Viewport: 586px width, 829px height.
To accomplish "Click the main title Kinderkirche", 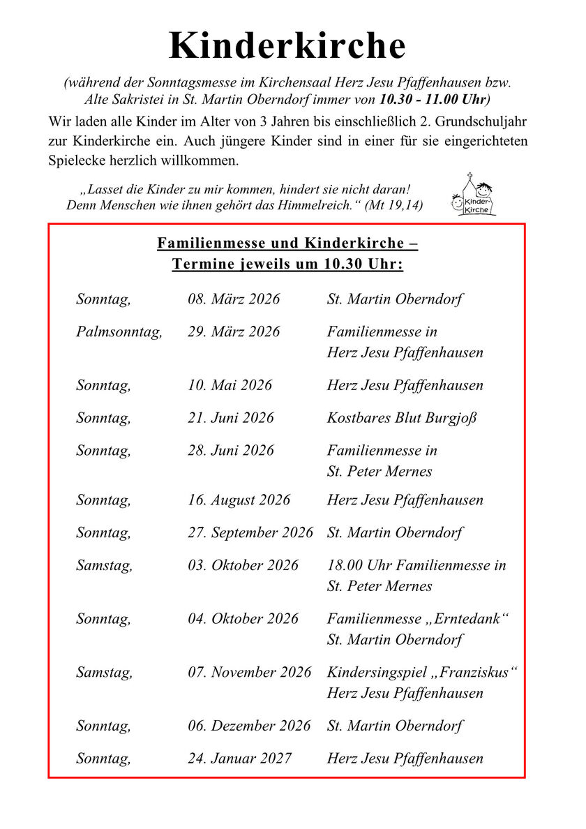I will pos(287,46).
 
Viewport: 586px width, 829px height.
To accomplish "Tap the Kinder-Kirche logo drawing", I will pos(474,195).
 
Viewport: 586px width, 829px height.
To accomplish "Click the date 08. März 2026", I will pos(233,299).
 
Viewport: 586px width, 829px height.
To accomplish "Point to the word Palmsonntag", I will pos(119,332).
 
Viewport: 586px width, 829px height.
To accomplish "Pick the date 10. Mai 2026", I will pos(230,385).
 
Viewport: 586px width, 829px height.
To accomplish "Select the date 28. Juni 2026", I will pos(230,451).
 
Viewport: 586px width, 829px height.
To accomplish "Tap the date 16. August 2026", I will pos(239,500).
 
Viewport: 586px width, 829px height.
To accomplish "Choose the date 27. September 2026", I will pos(250,533).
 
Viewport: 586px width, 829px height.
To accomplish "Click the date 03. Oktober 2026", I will pos(242,565).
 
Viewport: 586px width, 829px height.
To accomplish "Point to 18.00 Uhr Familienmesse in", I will pos(416,565).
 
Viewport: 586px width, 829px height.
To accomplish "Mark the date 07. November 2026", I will pos(249,673).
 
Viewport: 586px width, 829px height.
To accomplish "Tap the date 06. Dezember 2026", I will pos(248,726).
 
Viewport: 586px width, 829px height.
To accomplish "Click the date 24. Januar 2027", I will pos(239,759).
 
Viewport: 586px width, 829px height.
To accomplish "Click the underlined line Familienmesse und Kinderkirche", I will pos(287,244).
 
